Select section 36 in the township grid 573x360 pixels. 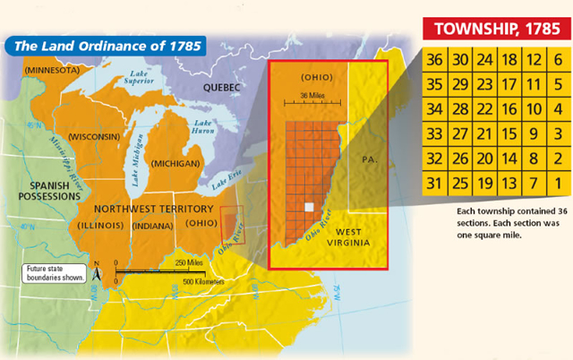click(435, 59)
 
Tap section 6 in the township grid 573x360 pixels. click(557, 59)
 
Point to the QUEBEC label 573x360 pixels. click(221, 87)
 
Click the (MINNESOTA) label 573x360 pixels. click(53, 70)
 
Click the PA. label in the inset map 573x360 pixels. click(371, 159)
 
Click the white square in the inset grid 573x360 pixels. click(309, 207)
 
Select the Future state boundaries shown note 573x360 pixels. click(54, 271)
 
